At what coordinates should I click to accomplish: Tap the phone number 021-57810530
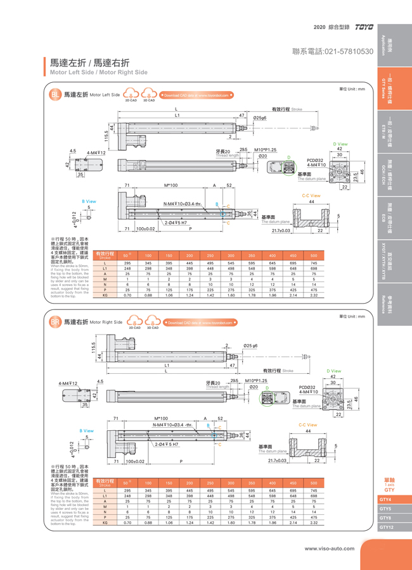pyautogui.click(x=333, y=50)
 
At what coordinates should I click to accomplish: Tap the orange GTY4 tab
pyautogui.click(x=385, y=500)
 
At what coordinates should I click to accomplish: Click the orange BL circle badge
pyautogui.click(x=55, y=94)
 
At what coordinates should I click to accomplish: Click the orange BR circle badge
pyautogui.click(x=55, y=322)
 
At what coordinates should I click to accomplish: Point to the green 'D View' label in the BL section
pyautogui.click(x=340, y=144)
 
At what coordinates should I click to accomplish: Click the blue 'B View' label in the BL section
pyautogui.click(x=89, y=201)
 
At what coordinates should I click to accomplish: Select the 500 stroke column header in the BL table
pyautogui.click(x=314, y=254)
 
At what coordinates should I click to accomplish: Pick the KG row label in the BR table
pyautogui.click(x=105, y=523)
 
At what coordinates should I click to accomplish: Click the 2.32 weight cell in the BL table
pyautogui.click(x=314, y=295)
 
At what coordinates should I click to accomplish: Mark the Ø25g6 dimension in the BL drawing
pyautogui.click(x=259, y=118)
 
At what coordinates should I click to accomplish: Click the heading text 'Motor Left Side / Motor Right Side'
pyautogui.click(x=99, y=73)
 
